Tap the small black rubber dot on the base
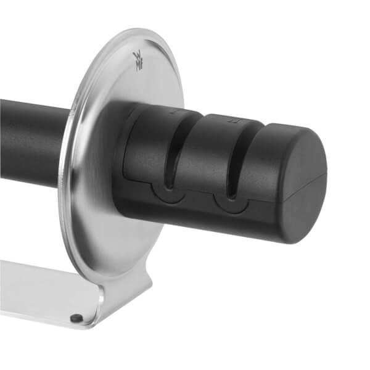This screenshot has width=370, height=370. [x=76, y=318]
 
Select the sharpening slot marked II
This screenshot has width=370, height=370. [x=234, y=154]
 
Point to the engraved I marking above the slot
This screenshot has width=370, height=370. [x=173, y=112]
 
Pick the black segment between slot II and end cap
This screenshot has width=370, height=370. [x=259, y=160]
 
